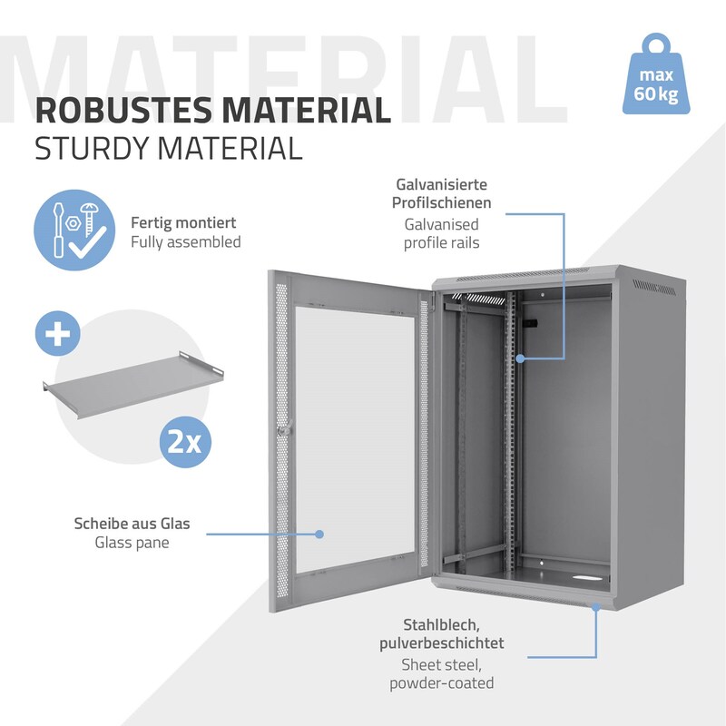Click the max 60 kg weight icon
coord(656,74)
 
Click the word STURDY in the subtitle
coord(92,149)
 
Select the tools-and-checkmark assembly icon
coord(74,231)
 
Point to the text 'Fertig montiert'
coord(183,222)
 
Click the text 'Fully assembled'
coord(186,242)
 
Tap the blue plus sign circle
coord(58,333)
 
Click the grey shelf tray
coord(133,384)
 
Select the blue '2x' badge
coord(185,442)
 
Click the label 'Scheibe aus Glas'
coord(132,524)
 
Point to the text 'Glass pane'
coord(132,543)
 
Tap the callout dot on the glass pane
coord(319,535)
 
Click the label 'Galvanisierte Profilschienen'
coord(442,193)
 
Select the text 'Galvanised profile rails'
coord(442,234)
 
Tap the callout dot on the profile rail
coord(520,358)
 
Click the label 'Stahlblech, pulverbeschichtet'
coord(442,633)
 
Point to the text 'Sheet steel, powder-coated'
coord(442,674)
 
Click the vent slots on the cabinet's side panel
coord(653,288)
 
